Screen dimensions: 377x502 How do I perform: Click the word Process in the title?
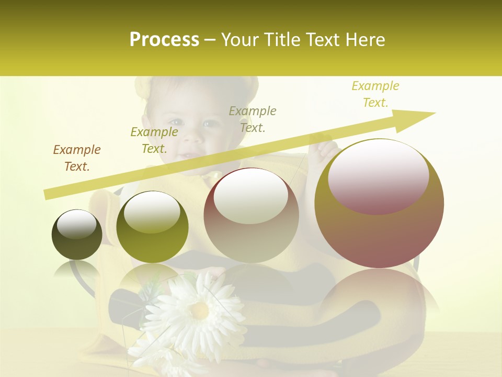click(x=164, y=40)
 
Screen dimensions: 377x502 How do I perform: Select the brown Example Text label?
click(x=77, y=158)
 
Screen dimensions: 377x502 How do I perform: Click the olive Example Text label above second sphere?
click(x=154, y=140)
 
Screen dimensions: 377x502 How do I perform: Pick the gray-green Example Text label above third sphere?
click(x=253, y=119)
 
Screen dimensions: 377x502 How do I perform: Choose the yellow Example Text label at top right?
click(x=375, y=94)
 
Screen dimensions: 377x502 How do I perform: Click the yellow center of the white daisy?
click(x=199, y=311)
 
